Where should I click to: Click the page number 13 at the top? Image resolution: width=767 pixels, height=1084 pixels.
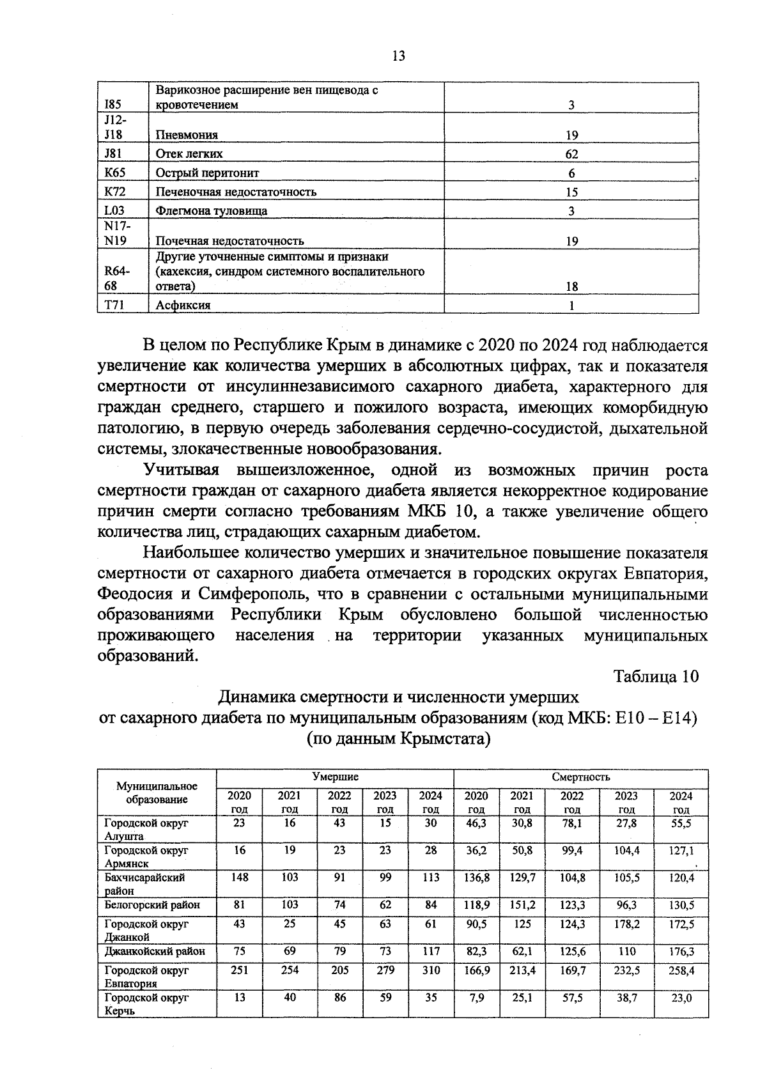point(398,56)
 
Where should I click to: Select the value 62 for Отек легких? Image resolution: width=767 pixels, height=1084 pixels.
point(571,154)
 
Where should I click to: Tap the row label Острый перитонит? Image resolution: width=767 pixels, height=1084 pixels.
point(208,173)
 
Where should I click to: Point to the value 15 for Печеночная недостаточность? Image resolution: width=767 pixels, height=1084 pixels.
point(571,192)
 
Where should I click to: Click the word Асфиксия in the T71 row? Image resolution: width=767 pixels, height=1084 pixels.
point(183,305)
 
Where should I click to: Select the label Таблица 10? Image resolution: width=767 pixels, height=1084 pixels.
point(656,676)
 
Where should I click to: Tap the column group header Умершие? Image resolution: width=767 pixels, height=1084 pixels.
point(335,777)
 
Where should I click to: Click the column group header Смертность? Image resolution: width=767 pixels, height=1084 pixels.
point(580,777)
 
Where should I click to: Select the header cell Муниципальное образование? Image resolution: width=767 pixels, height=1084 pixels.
point(157,793)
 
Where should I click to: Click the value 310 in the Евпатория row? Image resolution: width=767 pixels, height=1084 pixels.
point(431,970)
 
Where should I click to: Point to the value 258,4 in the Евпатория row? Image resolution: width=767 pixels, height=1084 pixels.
point(681,970)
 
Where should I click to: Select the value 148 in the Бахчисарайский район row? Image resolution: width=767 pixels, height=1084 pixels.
point(239,878)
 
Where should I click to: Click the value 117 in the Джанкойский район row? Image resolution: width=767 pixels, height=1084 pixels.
point(431,951)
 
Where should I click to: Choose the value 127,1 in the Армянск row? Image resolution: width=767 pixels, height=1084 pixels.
point(681,851)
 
